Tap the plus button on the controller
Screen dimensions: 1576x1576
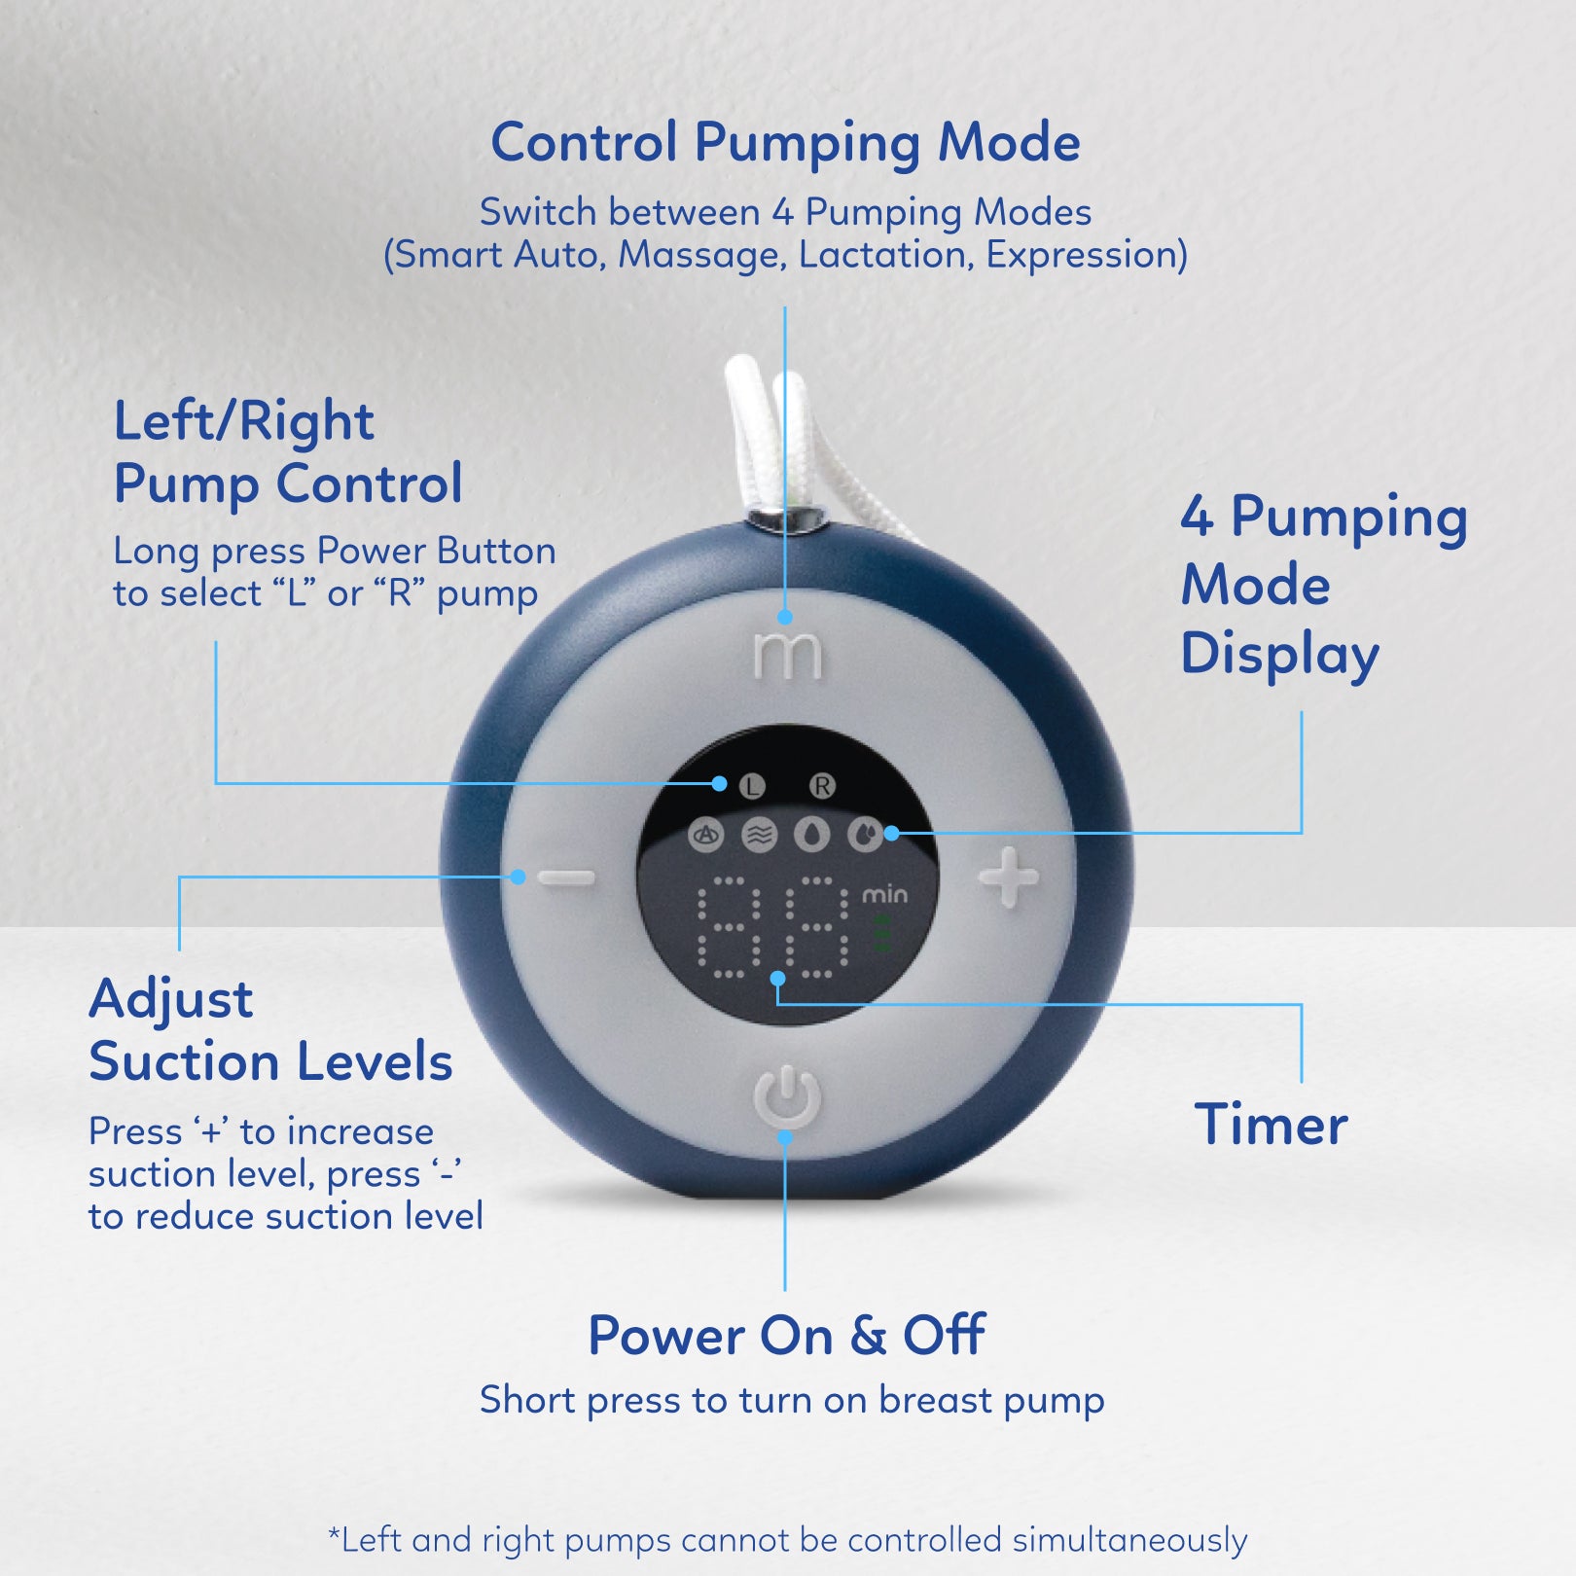(1008, 878)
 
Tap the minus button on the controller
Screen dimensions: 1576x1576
(566, 878)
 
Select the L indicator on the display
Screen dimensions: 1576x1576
(752, 786)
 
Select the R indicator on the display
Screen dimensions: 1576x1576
(822, 786)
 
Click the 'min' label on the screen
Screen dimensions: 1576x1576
(884, 894)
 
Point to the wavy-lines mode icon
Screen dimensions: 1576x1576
(760, 835)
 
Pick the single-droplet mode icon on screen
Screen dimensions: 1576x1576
(812, 835)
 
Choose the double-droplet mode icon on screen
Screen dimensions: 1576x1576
(865, 835)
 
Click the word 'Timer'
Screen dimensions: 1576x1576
(1271, 1125)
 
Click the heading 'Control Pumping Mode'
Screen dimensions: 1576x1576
(785, 143)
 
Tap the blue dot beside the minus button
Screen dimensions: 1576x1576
(519, 878)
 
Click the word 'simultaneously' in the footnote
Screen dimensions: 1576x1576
(1129, 1541)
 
